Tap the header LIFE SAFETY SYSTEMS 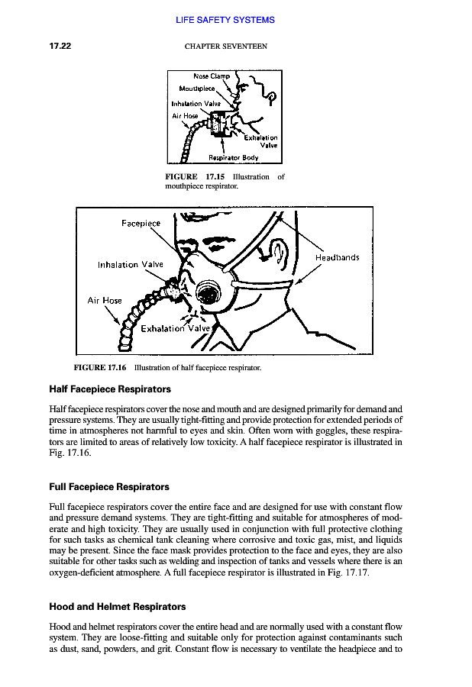225,20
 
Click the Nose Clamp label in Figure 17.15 212,76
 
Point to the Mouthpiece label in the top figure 198,89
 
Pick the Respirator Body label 233,158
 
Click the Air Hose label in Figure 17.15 185,116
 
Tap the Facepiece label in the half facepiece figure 141,224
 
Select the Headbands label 337,258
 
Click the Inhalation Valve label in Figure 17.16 131,265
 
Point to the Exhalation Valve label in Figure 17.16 175,328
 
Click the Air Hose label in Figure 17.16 105,300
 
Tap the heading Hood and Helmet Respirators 117,607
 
